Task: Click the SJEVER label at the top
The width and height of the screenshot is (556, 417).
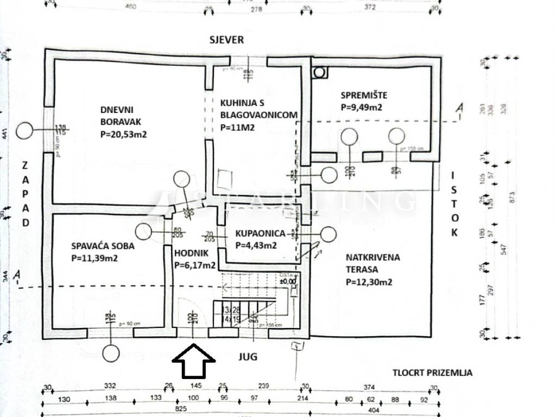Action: point(228,40)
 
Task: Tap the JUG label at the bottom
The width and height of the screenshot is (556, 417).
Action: point(247,357)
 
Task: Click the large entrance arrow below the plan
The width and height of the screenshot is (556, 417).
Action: point(194,362)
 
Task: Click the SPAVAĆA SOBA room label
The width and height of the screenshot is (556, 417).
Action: point(103,246)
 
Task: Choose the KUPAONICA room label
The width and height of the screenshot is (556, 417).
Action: point(260,233)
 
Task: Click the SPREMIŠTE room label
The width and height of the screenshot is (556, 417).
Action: point(364,96)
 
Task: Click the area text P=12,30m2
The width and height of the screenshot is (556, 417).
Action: point(369,282)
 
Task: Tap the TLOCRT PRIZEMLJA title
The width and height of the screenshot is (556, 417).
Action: point(433,373)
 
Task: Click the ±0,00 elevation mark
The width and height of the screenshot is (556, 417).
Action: point(288,281)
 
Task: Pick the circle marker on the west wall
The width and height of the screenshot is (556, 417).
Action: point(24,130)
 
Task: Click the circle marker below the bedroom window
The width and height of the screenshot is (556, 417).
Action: point(111,353)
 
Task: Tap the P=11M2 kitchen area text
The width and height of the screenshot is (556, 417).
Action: point(238,128)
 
